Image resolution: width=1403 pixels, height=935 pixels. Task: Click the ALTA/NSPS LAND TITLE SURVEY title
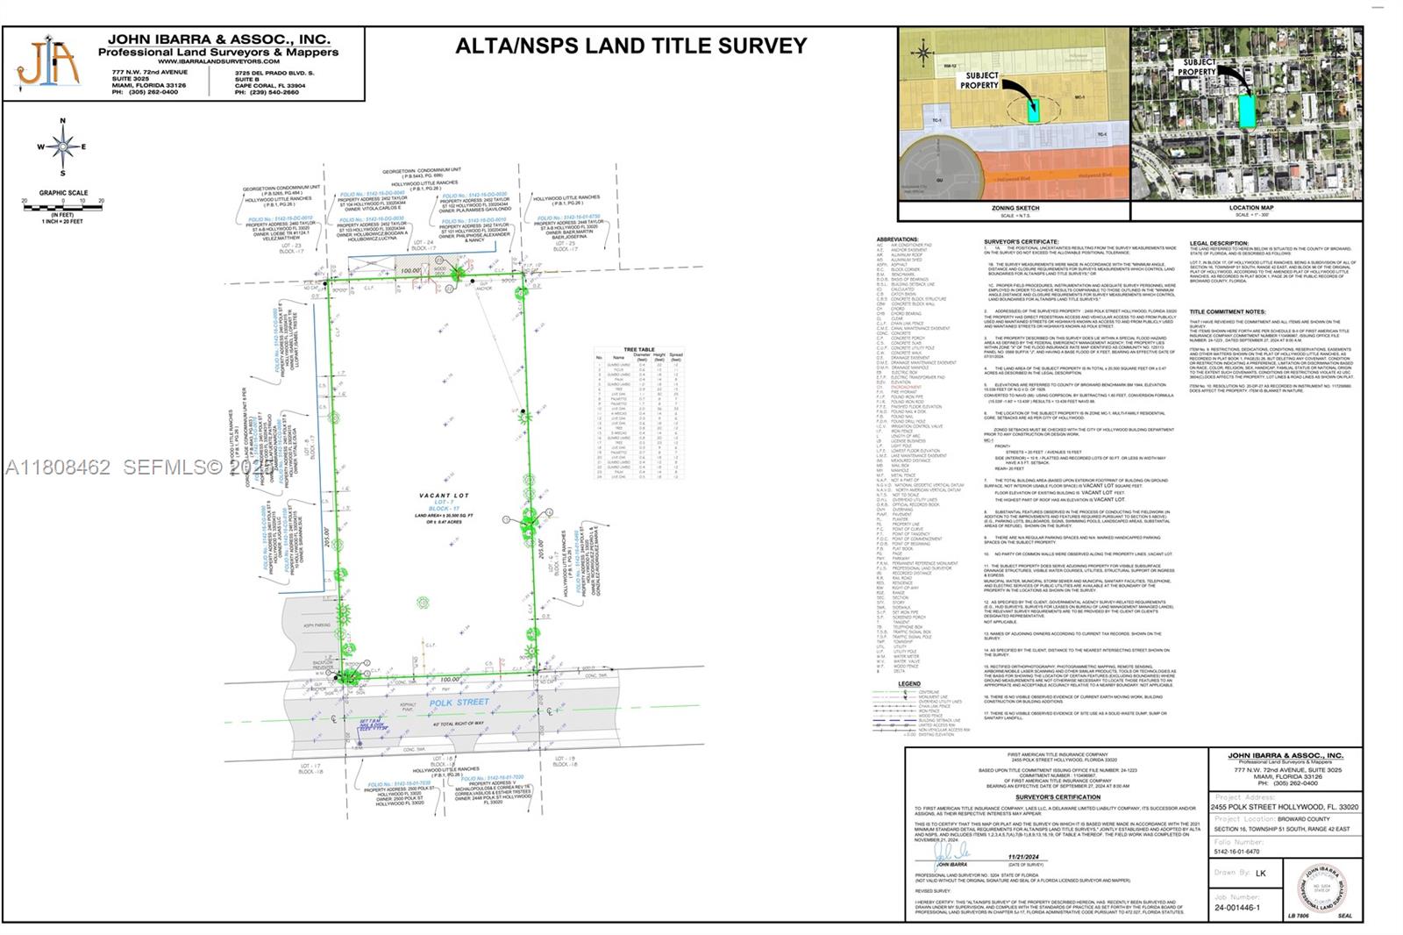(x=630, y=46)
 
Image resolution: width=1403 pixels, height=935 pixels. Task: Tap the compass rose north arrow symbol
(x=63, y=146)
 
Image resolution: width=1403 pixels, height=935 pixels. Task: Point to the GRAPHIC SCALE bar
(x=62, y=204)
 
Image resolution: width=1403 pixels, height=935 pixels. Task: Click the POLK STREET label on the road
(x=459, y=702)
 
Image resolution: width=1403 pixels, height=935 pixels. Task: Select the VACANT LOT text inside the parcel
(x=444, y=496)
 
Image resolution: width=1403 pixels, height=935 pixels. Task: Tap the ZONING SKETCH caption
(x=1015, y=209)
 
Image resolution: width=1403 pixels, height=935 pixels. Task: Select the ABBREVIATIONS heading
(x=897, y=239)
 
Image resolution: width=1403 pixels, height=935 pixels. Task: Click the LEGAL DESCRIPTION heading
(x=1219, y=244)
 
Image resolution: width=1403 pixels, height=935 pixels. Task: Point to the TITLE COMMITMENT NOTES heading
(x=1228, y=311)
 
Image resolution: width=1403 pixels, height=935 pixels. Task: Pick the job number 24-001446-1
(x=1237, y=908)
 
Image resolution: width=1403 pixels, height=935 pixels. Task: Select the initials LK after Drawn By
(x=1261, y=873)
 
